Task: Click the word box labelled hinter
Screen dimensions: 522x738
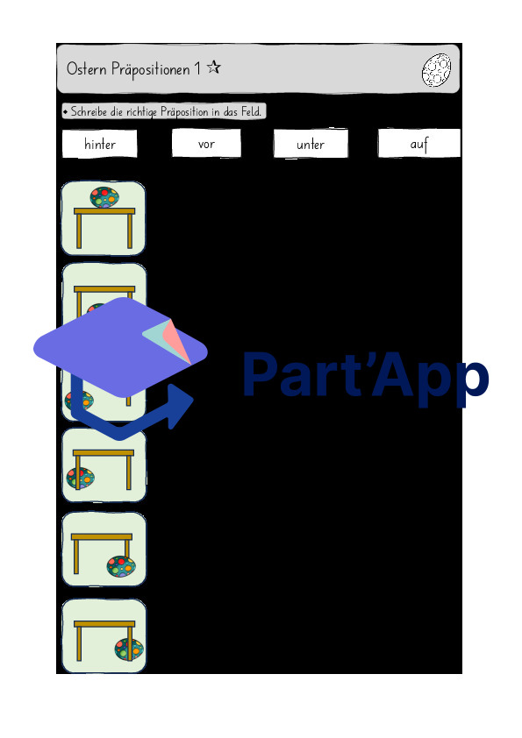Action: coord(99,144)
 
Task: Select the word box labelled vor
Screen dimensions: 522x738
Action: coord(206,143)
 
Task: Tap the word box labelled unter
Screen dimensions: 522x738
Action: coord(311,144)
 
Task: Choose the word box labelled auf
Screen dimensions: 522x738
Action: coord(418,143)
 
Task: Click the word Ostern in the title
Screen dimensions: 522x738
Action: coord(86,68)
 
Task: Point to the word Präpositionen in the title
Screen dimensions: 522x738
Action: coord(150,69)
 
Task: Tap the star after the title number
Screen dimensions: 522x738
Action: coord(214,67)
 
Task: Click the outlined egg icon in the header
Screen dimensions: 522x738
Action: coord(436,70)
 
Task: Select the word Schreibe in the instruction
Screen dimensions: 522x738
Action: coord(89,111)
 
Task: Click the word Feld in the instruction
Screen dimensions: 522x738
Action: coord(251,111)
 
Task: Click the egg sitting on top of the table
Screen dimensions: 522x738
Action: coord(104,198)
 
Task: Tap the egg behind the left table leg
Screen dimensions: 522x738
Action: coord(80,479)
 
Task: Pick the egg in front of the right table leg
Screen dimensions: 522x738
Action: coord(121,566)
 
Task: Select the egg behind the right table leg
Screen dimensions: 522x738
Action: coord(129,649)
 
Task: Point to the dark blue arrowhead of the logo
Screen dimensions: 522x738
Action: coord(180,406)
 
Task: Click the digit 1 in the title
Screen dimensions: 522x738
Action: coord(198,68)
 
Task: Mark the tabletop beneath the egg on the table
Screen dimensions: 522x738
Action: coord(104,211)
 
